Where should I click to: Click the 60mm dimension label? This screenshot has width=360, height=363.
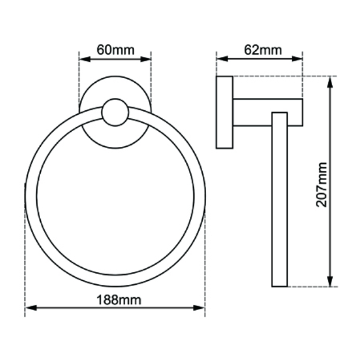[x=115, y=50]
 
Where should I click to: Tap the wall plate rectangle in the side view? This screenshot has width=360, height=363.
[x=224, y=112]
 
